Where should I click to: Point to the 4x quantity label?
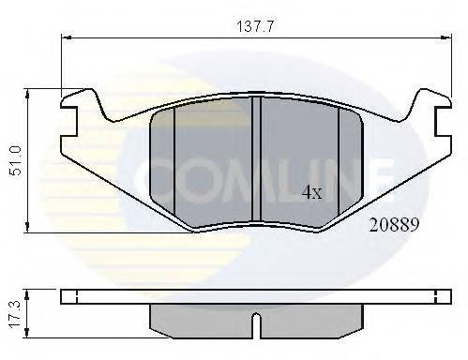point(310,192)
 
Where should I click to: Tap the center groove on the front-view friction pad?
point(257,159)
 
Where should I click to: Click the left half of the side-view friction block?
point(202,319)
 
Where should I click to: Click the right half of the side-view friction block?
point(309,319)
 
